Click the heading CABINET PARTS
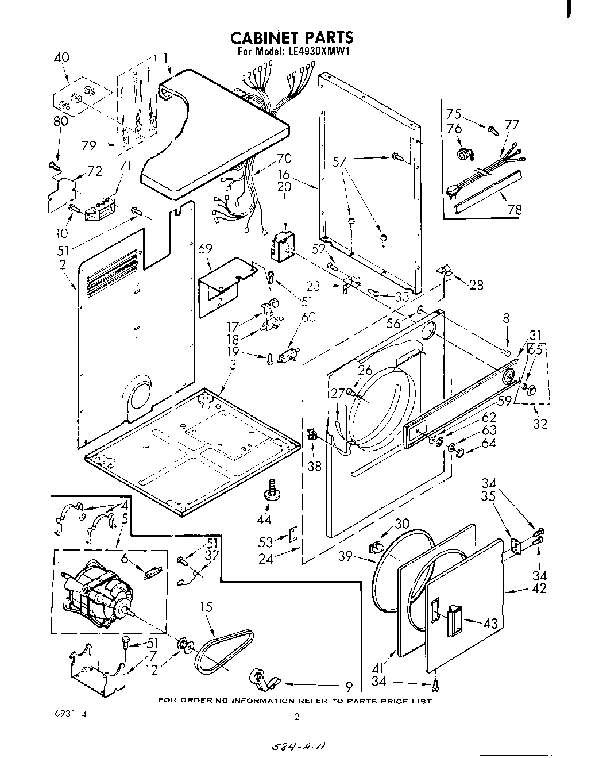[x=291, y=38]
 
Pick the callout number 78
[x=514, y=210]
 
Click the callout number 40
[x=61, y=58]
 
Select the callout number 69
[x=205, y=249]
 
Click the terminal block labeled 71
[x=99, y=209]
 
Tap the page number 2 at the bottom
[x=296, y=717]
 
